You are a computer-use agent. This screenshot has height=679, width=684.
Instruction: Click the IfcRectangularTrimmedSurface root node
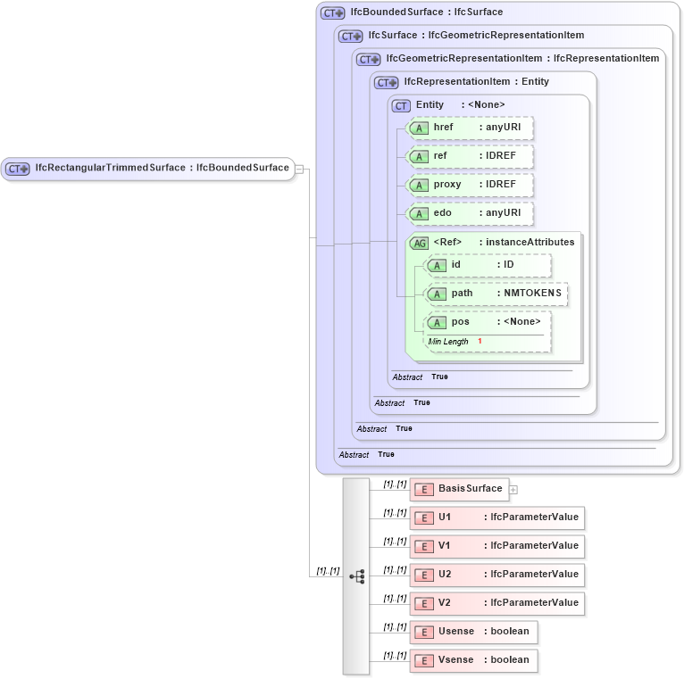coord(148,168)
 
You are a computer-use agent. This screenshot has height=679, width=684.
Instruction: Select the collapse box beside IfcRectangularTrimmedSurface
coord(300,168)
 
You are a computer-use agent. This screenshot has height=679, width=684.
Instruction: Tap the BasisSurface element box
coord(459,489)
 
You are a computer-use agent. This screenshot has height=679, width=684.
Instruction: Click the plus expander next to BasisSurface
coord(513,489)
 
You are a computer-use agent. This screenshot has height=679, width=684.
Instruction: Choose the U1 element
coord(496,518)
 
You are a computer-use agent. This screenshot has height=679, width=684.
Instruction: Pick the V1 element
coord(496,546)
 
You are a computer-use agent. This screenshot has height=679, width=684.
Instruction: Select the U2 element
coord(496,575)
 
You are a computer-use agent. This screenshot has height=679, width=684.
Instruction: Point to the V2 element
coord(496,603)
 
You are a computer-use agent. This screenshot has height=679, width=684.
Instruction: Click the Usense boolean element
coord(473,632)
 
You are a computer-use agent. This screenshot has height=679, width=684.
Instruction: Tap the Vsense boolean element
coord(473,660)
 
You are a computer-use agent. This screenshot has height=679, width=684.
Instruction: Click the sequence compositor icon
coord(357,576)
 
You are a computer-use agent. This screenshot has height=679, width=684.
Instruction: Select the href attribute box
coord(470,128)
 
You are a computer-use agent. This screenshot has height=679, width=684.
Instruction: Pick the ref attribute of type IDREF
coord(470,156)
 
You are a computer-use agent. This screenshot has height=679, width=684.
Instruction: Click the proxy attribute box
coord(470,185)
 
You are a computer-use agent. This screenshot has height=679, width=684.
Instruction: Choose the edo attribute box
coord(470,213)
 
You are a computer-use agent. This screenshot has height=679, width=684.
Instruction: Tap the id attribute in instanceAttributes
coord(488,265)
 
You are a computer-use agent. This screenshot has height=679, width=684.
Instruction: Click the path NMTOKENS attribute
coord(496,294)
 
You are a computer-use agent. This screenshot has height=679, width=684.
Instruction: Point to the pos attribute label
coord(460,322)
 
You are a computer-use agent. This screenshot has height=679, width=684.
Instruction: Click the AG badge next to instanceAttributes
coord(418,243)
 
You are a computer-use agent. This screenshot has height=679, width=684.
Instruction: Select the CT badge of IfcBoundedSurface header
coord(333,13)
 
